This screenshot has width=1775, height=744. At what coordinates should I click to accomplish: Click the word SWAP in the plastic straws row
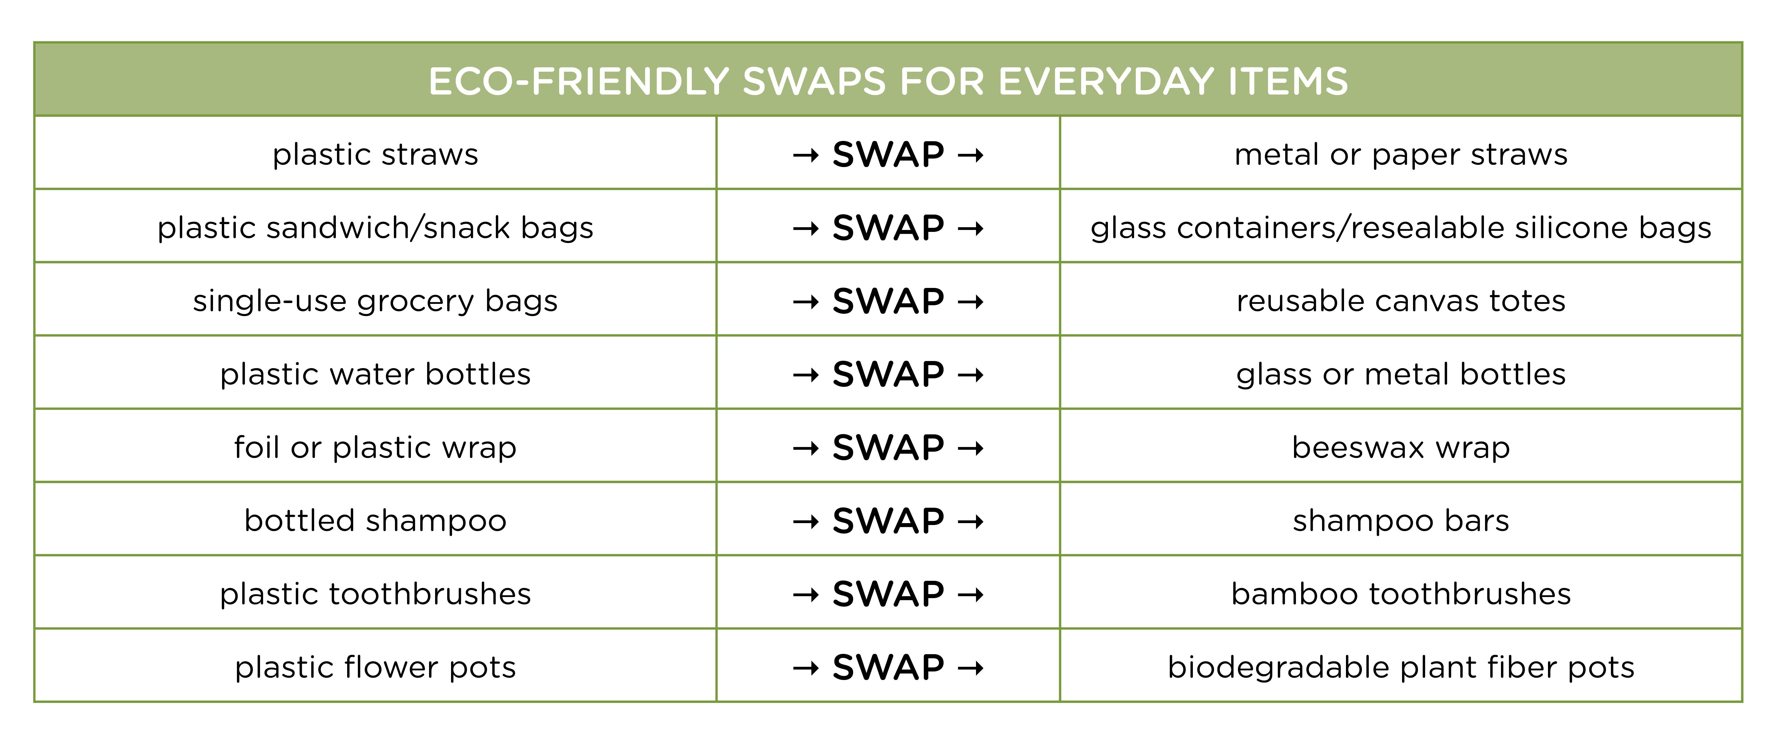click(888, 154)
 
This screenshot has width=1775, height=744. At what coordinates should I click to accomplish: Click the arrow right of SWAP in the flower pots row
click(970, 668)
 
